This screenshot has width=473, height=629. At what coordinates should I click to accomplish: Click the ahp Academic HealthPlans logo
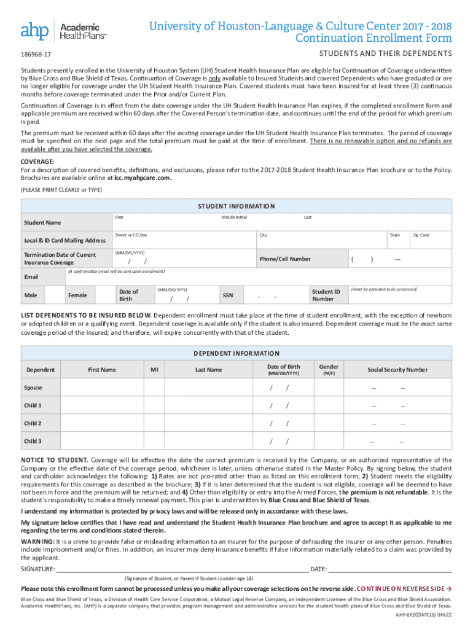coord(64,30)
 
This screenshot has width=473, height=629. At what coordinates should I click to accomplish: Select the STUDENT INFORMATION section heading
coord(236,206)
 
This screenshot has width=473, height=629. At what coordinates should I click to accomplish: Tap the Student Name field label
coord(42,222)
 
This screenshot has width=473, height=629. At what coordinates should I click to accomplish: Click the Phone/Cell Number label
coord(284,259)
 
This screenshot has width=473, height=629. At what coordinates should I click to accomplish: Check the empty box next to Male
coord(55,295)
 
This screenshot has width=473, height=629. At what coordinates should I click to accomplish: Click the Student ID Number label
coord(326,295)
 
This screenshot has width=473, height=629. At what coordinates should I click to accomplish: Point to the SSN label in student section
coord(228,295)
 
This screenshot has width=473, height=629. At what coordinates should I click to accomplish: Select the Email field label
coord(31,277)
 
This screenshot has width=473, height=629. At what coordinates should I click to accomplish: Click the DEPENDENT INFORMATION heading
coord(236,353)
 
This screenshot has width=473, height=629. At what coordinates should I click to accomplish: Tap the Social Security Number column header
coord(397,370)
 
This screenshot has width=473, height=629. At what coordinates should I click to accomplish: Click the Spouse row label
coord(34,388)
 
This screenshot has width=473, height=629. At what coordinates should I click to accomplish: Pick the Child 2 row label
coord(33,423)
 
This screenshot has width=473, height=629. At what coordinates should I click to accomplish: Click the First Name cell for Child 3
coord(102,441)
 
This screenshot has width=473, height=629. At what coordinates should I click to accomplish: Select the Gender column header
coord(329,370)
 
